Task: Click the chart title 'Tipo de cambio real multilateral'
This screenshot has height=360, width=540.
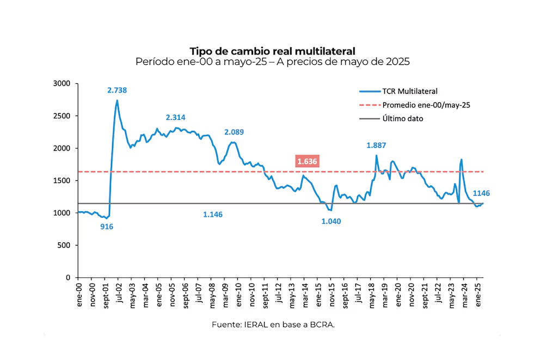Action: click(x=272, y=51)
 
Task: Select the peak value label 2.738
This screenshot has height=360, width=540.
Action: click(x=117, y=90)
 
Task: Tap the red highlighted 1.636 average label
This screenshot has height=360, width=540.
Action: click(x=307, y=161)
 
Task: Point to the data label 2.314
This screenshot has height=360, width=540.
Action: click(x=176, y=117)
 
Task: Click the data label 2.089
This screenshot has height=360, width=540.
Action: click(x=234, y=132)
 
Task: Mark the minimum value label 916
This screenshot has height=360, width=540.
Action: click(x=107, y=226)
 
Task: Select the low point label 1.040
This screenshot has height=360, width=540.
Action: click(x=332, y=221)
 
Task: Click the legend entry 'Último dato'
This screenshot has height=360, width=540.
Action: click(x=403, y=118)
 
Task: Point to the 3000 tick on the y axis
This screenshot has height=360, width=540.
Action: click(x=63, y=83)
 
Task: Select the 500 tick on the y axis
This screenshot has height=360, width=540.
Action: click(x=65, y=245)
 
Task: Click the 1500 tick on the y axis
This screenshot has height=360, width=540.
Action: click(x=63, y=180)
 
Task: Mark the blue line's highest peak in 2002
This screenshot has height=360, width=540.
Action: click(x=117, y=100)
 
